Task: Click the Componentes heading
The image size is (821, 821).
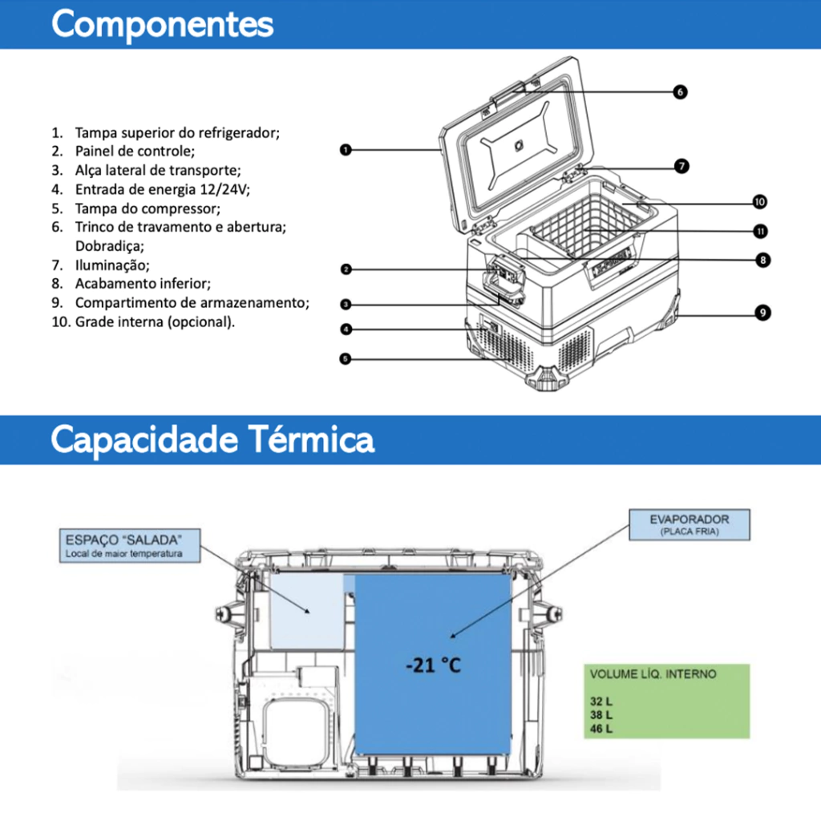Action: click(x=162, y=24)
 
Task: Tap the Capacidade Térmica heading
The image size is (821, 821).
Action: click(x=212, y=439)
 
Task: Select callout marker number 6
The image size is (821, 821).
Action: click(x=680, y=92)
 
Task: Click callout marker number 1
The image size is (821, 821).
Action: click(x=346, y=150)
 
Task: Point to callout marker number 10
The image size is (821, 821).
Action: click(x=760, y=202)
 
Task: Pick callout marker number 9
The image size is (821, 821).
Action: click(x=763, y=313)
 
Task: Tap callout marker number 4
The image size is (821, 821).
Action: click(x=346, y=330)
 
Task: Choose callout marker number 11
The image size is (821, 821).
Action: click(x=760, y=232)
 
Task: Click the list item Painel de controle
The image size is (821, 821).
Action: click(x=135, y=152)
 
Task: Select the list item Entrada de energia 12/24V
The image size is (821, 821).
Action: click(x=162, y=189)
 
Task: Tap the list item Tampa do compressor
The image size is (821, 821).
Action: click(x=148, y=208)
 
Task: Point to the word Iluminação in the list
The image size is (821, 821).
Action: click(x=112, y=265)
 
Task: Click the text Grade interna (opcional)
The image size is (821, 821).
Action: click(x=155, y=322)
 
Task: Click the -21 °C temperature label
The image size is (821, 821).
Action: click(x=434, y=665)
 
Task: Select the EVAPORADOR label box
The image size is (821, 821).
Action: click(x=689, y=524)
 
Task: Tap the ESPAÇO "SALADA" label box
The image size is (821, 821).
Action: click(x=130, y=545)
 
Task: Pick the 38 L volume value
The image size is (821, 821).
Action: click(x=601, y=714)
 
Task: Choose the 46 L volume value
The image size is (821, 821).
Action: click(x=601, y=728)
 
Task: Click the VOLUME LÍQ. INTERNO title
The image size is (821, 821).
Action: click(x=653, y=673)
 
